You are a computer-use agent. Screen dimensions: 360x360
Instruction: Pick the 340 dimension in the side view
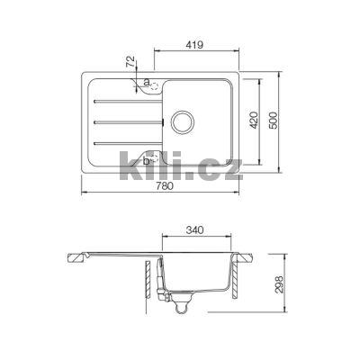coord(202,231)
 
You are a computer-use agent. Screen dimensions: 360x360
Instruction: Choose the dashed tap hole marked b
coord(150,159)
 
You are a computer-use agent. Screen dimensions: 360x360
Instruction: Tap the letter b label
coord(136,159)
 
